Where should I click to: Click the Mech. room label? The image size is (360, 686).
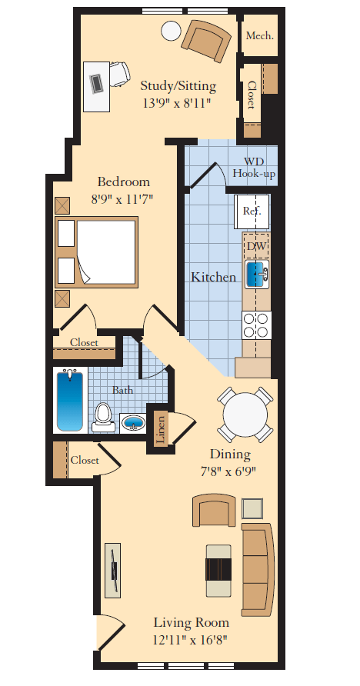[x=260, y=36]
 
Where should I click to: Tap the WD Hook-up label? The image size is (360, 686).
[x=255, y=168]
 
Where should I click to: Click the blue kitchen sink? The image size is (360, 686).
[x=256, y=272]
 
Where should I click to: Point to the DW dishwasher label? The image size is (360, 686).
[x=256, y=245]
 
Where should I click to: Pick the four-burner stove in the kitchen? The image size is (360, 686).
[x=256, y=325]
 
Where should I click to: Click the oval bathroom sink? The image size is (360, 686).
[x=134, y=423]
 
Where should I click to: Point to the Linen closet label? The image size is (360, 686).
[x=161, y=428]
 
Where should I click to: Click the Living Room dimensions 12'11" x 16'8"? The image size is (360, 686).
[x=190, y=639]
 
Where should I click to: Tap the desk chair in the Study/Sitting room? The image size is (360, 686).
[x=118, y=75]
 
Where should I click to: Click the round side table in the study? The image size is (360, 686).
[x=171, y=32]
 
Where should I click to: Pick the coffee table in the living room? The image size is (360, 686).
[x=218, y=570]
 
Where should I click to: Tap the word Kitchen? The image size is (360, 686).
[x=213, y=277]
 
